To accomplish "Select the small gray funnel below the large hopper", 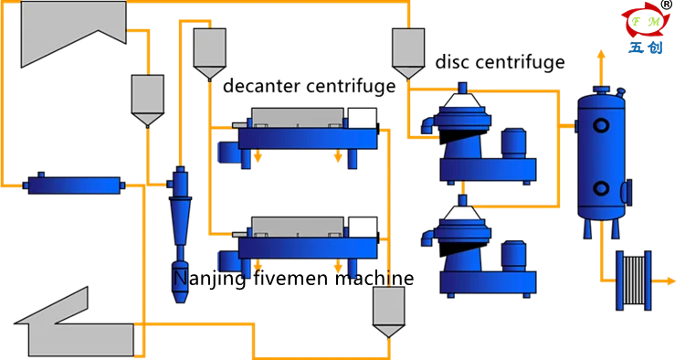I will tap(147, 96).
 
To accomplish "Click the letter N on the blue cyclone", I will tap(180, 275).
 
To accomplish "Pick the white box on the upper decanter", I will tap(363, 118).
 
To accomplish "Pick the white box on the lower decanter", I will tap(363, 227).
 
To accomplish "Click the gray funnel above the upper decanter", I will tap(209, 50).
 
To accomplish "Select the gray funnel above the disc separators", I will tap(408, 49).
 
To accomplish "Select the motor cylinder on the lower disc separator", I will tap(513, 255).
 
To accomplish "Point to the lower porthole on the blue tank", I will tap(601, 188).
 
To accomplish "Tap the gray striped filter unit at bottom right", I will tap(632, 281).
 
